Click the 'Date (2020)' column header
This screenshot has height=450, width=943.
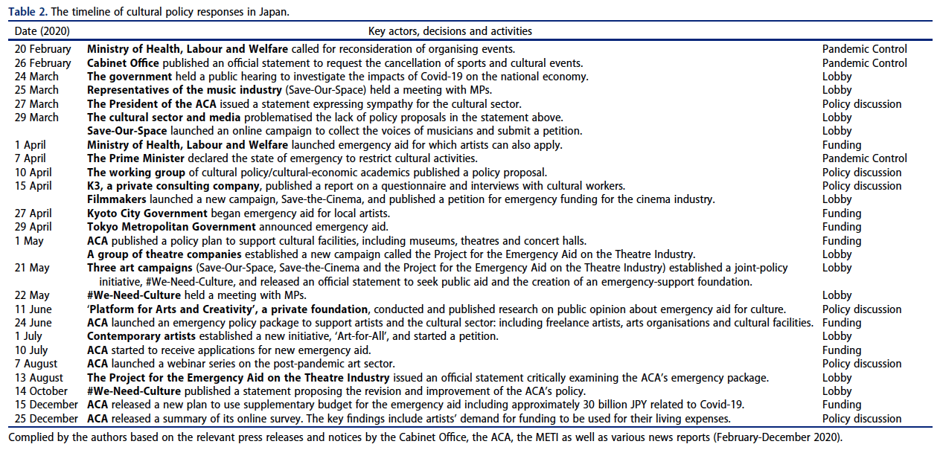click(x=42, y=31)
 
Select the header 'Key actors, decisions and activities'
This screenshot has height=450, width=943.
click(x=450, y=31)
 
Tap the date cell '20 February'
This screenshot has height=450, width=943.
click(x=43, y=49)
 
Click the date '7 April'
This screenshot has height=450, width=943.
click(x=31, y=158)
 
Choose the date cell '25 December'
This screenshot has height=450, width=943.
click(x=46, y=419)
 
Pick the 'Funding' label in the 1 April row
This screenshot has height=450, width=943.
click(x=842, y=145)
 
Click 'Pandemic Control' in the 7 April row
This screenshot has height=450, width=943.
click(x=864, y=158)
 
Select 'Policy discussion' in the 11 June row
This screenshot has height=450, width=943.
click(x=862, y=309)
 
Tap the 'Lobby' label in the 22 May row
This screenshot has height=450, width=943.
click(x=837, y=295)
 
